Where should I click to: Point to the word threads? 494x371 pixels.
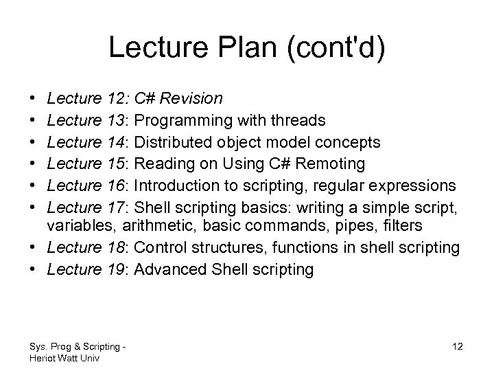pos(300,121)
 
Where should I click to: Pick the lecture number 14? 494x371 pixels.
pos(117,142)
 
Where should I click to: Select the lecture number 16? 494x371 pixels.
pos(117,185)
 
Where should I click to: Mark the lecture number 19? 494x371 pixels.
pos(117,269)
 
